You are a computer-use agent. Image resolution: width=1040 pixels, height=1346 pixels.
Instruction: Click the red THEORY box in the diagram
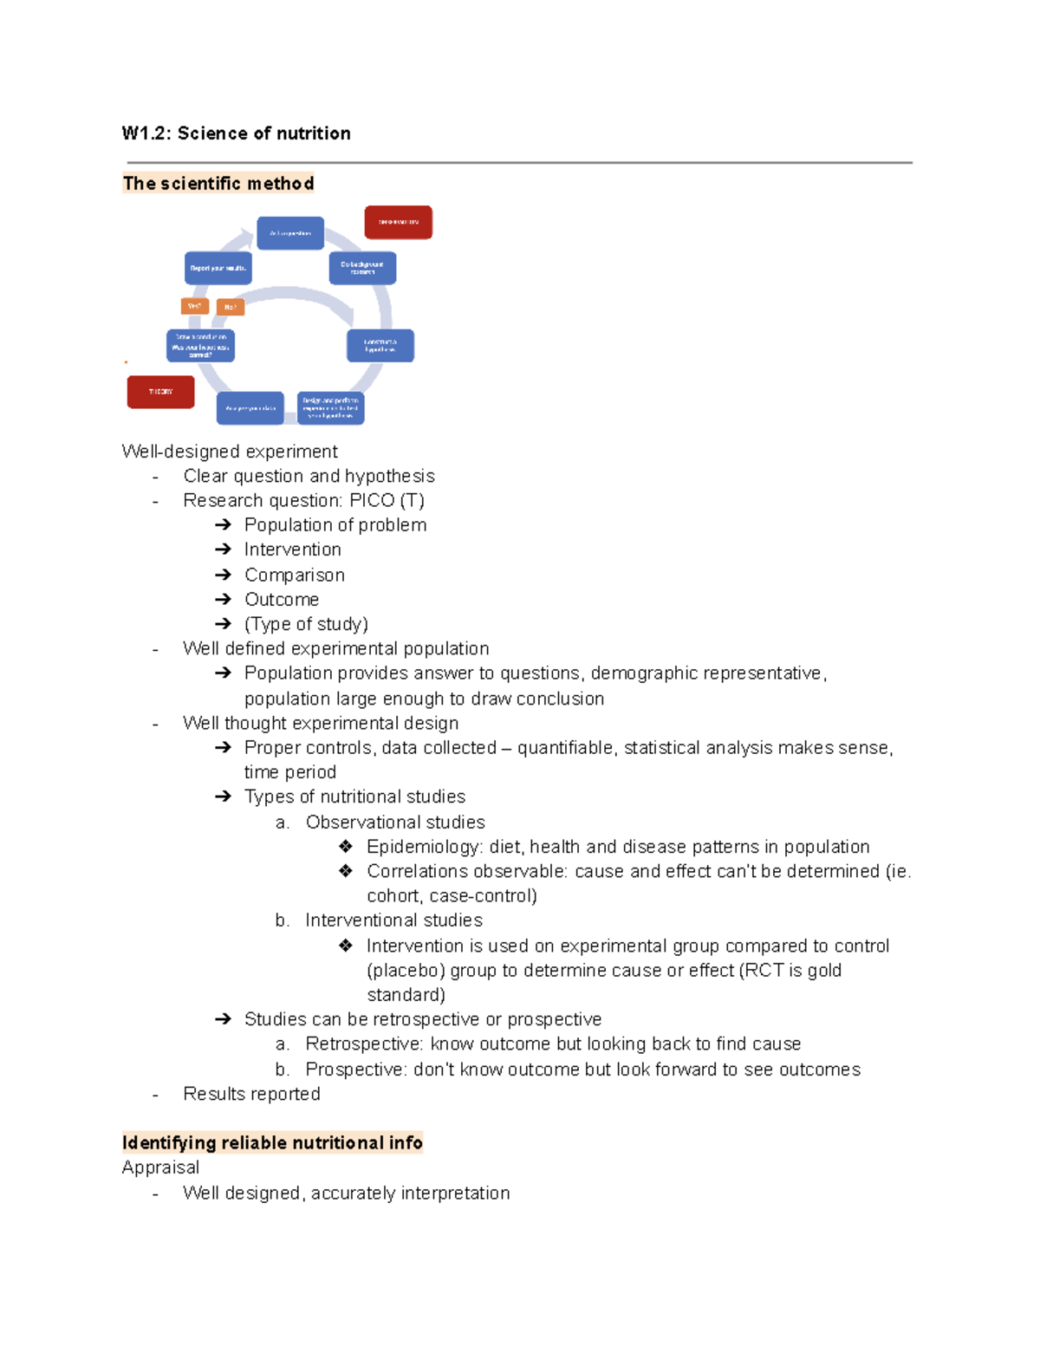click(160, 392)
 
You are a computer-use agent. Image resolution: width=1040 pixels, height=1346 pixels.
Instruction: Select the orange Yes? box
click(194, 306)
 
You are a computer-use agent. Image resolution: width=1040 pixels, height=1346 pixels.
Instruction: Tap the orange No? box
click(231, 307)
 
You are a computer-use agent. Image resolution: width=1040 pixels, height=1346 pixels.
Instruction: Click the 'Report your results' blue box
click(218, 268)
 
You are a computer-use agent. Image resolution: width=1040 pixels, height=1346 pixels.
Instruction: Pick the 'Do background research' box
click(362, 268)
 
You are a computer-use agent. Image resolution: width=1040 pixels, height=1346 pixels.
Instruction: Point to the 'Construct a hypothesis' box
click(380, 345)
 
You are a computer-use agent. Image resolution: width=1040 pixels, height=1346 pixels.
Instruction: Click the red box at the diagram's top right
click(398, 222)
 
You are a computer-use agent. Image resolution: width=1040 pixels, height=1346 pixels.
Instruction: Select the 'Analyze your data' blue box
click(250, 407)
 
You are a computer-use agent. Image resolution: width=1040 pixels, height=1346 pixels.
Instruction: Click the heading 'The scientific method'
click(218, 184)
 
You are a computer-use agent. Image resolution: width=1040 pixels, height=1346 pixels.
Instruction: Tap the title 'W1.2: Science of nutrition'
click(236, 133)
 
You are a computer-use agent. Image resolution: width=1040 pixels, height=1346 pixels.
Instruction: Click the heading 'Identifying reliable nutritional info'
click(272, 1143)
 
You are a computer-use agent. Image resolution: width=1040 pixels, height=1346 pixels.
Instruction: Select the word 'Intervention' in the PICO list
click(292, 549)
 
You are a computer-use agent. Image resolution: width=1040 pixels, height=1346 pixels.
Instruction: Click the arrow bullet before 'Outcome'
click(224, 599)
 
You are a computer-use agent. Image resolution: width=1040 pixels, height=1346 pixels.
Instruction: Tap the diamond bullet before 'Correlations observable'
click(346, 871)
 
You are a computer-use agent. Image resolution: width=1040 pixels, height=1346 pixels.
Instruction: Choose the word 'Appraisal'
click(160, 1167)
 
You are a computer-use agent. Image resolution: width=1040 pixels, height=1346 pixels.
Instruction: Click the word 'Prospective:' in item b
click(355, 1070)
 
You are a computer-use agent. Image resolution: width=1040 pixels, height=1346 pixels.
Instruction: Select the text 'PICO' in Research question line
click(371, 500)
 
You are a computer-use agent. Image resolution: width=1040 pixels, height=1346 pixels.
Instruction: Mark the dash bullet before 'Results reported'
click(155, 1095)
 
